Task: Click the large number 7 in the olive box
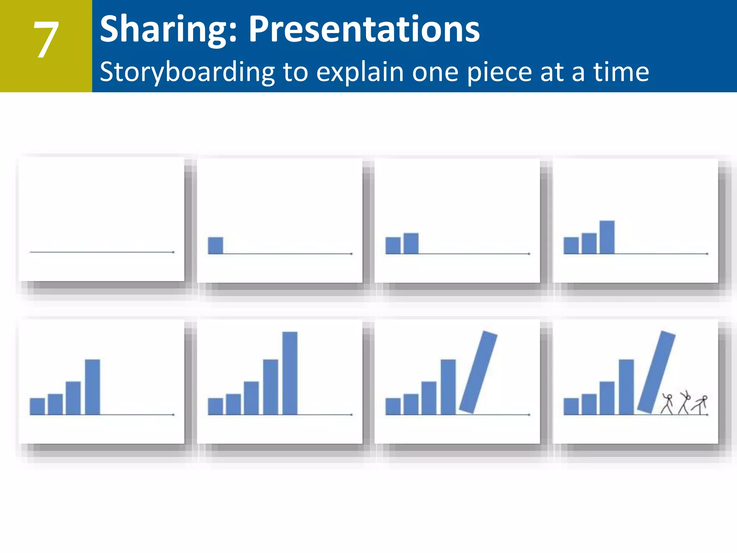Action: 46,40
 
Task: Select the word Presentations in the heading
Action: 364,30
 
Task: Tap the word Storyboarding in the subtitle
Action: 187,72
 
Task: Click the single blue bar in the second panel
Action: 215,246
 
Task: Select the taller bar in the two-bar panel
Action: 411,243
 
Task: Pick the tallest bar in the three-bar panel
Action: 607,237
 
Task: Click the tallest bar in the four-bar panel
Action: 92,387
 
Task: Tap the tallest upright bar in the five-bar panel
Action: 290,373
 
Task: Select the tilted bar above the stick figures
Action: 656,372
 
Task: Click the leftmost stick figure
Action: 668,404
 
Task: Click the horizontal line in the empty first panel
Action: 101,252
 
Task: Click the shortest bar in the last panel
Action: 571,406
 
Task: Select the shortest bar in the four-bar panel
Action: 37,406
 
